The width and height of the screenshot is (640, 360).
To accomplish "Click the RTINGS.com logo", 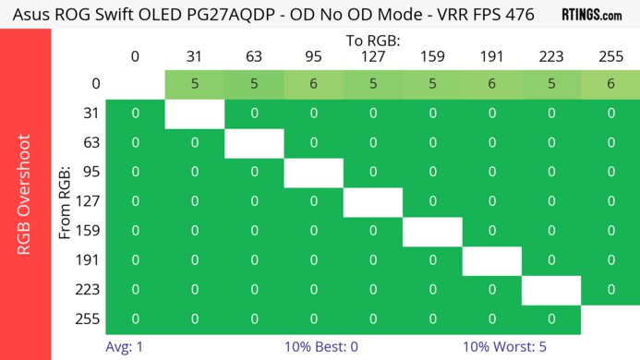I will pyautogui.click(x=591, y=16).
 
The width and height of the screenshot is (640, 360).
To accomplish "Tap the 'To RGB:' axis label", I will pyautogui.click(x=373, y=42).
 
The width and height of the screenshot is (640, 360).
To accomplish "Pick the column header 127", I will pyautogui.click(x=373, y=56).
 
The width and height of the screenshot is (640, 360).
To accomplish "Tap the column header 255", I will pyautogui.click(x=610, y=56).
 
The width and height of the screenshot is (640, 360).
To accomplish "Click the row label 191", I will pyautogui.click(x=91, y=260).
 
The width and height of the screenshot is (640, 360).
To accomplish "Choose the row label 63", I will pyautogui.click(x=91, y=143).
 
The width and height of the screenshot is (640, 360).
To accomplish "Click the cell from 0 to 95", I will pyautogui.click(x=313, y=84).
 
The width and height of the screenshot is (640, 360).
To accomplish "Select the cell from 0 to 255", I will pyautogui.click(x=610, y=84).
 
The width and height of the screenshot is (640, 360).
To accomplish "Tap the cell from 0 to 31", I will pyautogui.click(x=195, y=84).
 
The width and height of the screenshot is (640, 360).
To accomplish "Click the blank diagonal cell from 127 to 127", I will pyautogui.click(x=373, y=202).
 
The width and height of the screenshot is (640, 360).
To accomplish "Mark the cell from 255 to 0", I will pyautogui.click(x=135, y=319).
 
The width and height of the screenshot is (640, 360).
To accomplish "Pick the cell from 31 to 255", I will pyautogui.click(x=610, y=114).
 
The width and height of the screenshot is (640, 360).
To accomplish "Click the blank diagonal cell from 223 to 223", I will pyautogui.click(x=551, y=290).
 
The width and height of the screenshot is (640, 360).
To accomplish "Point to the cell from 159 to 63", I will pyautogui.click(x=254, y=231).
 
